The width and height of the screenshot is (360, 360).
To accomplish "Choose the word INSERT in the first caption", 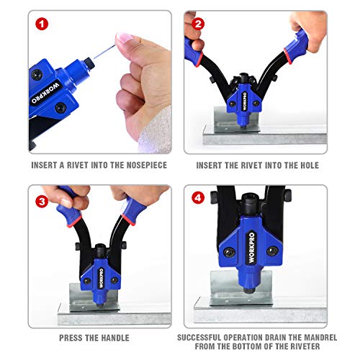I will [44, 163].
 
